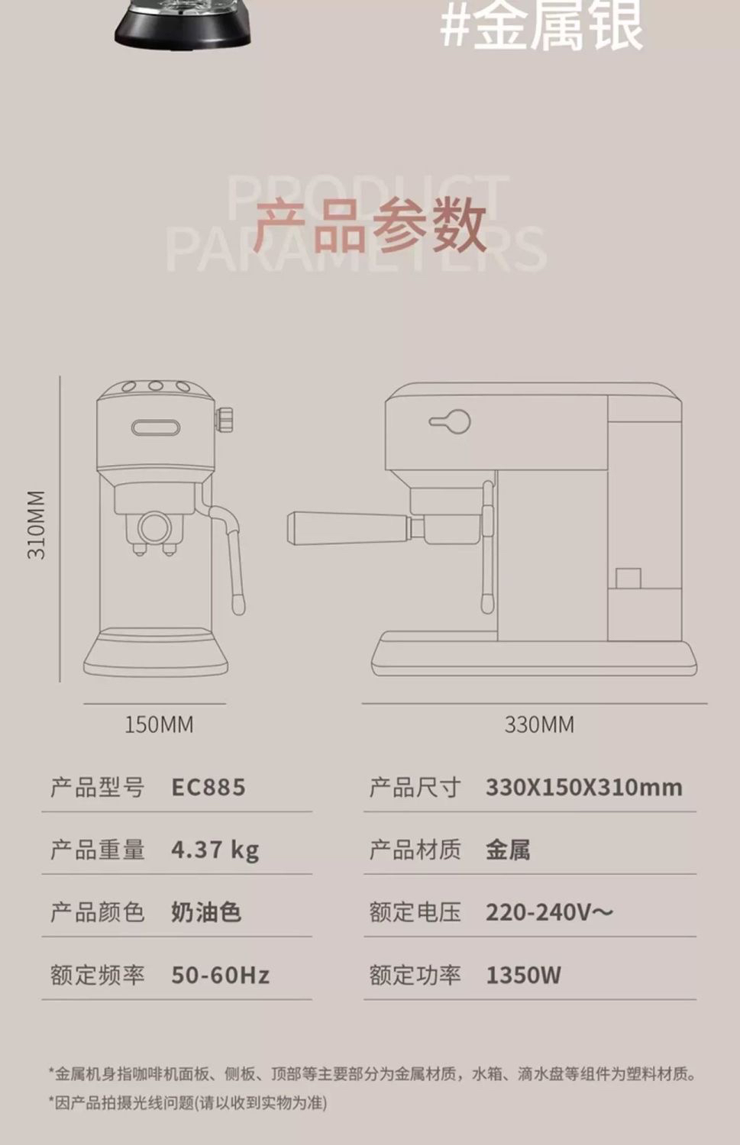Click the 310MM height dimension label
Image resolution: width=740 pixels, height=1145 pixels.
tap(37, 525)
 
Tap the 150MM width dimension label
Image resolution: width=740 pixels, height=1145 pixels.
tap(159, 724)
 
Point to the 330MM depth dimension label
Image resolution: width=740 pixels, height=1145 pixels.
tap(539, 724)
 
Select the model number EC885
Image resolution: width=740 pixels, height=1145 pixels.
tap(208, 787)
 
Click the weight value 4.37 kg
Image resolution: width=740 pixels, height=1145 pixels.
tap(215, 850)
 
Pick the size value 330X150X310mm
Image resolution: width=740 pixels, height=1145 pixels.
tap(583, 787)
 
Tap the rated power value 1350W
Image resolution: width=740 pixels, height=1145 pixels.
tap(523, 975)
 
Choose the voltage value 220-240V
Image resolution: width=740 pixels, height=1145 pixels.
tap(549, 912)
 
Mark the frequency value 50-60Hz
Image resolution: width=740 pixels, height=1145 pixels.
tap(220, 975)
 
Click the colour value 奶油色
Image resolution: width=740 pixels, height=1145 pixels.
tap(205, 912)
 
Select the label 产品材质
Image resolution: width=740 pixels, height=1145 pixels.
tap(415, 850)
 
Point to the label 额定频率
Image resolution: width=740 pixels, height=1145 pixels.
tap(97, 975)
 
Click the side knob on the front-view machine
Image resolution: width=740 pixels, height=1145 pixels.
tap(225, 419)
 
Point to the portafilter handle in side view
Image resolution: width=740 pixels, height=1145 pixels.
tap(347, 527)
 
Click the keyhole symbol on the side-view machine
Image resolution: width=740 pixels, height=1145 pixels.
tap(451, 421)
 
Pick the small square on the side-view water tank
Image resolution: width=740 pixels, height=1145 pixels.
tap(629, 578)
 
